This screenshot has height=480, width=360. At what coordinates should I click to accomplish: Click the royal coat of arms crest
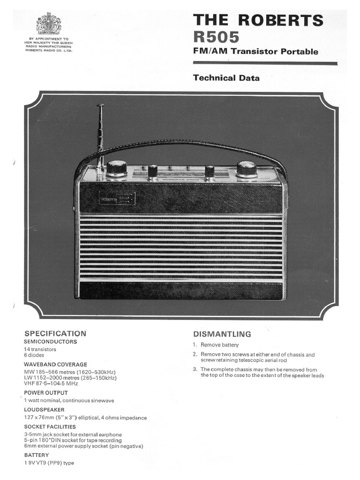pyautogui.click(x=49, y=23)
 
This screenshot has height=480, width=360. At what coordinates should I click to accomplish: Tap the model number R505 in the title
pyautogui.click(x=216, y=37)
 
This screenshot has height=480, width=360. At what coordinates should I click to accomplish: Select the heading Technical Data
pyautogui.click(x=226, y=78)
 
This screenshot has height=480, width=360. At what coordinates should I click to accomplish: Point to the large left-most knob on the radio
pyautogui.click(x=116, y=168)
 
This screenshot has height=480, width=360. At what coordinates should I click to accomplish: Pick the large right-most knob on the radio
pyautogui.click(x=247, y=168)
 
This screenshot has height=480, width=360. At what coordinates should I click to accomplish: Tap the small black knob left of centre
pyautogui.click(x=152, y=171)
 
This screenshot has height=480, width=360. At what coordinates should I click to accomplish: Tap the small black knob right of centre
pyautogui.click(x=210, y=171)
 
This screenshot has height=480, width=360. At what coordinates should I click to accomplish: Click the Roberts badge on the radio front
pyautogui.click(x=117, y=199)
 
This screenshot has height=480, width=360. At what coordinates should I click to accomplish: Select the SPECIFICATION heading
pyautogui.click(x=55, y=333)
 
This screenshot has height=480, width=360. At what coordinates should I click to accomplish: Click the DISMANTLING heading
pyautogui.click(x=222, y=334)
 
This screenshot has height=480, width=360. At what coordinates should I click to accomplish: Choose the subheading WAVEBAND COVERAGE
pyautogui.click(x=55, y=364)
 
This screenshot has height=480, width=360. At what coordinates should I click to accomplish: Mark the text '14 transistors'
pyautogui.click(x=40, y=349)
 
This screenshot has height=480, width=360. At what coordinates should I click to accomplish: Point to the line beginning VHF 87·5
pyautogui.click(x=51, y=383)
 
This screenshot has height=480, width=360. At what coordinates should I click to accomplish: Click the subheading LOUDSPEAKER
pyautogui.click(x=45, y=409)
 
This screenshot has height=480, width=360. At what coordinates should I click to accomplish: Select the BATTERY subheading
pyautogui.click(x=37, y=455)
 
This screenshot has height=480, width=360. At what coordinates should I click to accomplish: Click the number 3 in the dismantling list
pyautogui.click(x=195, y=369)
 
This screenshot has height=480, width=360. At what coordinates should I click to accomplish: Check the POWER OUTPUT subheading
pyautogui.click(x=46, y=392)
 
